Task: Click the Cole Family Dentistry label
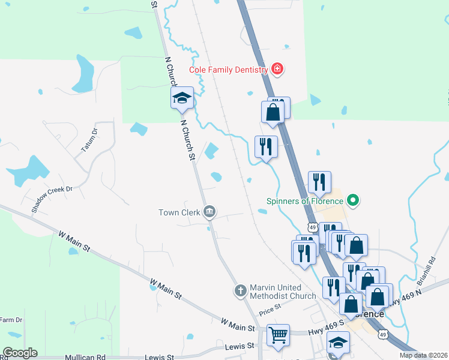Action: (228, 70)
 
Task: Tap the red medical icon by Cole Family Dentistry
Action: (277, 69)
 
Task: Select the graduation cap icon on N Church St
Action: (182, 98)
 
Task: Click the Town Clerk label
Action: (179, 212)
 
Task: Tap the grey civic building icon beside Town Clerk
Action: (209, 211)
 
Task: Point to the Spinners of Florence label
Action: (306, 201)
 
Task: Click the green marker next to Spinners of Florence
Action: (353, 200)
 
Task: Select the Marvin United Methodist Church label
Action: (283, 291)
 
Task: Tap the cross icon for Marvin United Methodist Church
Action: (240, 291)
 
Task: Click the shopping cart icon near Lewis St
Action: (278, 335)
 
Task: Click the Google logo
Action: (20, 353)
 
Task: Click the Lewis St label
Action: (240, 347)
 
